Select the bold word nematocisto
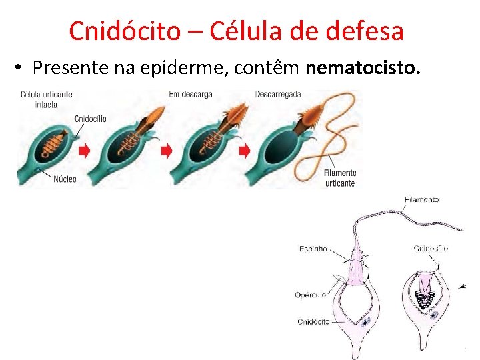point(363,68)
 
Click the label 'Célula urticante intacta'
point(46,99)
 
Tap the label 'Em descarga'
point(190,95)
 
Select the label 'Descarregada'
point(278,95)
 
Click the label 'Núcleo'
point(65,179)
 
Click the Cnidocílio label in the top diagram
point(90,119)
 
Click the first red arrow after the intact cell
point(85,151)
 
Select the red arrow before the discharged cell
point(245,151)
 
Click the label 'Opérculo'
point(311,295)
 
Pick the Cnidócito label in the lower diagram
point(313,322)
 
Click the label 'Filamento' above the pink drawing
point(421,199)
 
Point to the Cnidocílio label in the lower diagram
point(431,249)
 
